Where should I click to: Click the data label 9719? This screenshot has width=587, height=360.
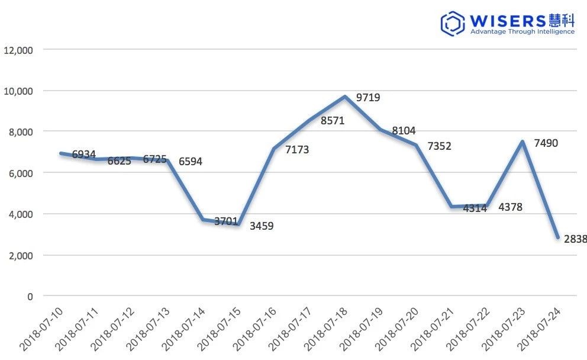pos(368,98)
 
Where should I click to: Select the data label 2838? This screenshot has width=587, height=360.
pos(575,239)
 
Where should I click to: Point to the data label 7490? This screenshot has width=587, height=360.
pos(546,143)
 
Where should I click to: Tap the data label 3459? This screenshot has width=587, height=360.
pos(262,226)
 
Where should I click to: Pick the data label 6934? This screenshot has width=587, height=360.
pos(84,155)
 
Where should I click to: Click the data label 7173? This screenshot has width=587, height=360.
pos(297,150)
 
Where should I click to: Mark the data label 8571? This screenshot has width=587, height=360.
pos(333,121)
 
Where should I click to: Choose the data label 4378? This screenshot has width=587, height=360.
pos(510,207)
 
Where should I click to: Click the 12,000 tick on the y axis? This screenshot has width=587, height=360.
pos(20,50)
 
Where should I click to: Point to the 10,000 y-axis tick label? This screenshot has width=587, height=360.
pos(20,91)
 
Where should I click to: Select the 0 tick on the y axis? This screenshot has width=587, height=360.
pos(30,296)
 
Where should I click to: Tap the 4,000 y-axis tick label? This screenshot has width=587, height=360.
pos(21,214)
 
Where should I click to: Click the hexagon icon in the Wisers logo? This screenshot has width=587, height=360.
pos(453,22)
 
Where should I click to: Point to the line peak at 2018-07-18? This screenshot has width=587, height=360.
pos(345,97)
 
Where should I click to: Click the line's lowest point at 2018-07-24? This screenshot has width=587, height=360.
pos(558,237)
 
